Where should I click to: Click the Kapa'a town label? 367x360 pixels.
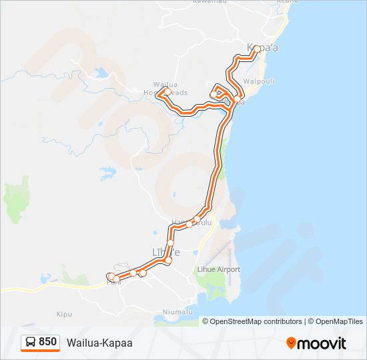262,48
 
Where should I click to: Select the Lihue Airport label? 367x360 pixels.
218,269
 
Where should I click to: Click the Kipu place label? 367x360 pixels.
64,313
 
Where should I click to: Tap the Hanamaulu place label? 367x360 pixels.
192,221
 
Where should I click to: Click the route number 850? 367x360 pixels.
47,342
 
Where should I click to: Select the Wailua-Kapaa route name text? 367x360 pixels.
99,343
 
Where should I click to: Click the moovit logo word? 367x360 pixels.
322,343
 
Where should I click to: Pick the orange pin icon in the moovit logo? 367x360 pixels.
291,343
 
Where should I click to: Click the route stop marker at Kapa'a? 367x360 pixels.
256,48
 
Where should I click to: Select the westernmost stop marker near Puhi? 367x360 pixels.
111,276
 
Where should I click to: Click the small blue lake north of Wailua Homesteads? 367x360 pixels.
101,73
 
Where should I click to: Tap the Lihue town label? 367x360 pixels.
166,252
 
